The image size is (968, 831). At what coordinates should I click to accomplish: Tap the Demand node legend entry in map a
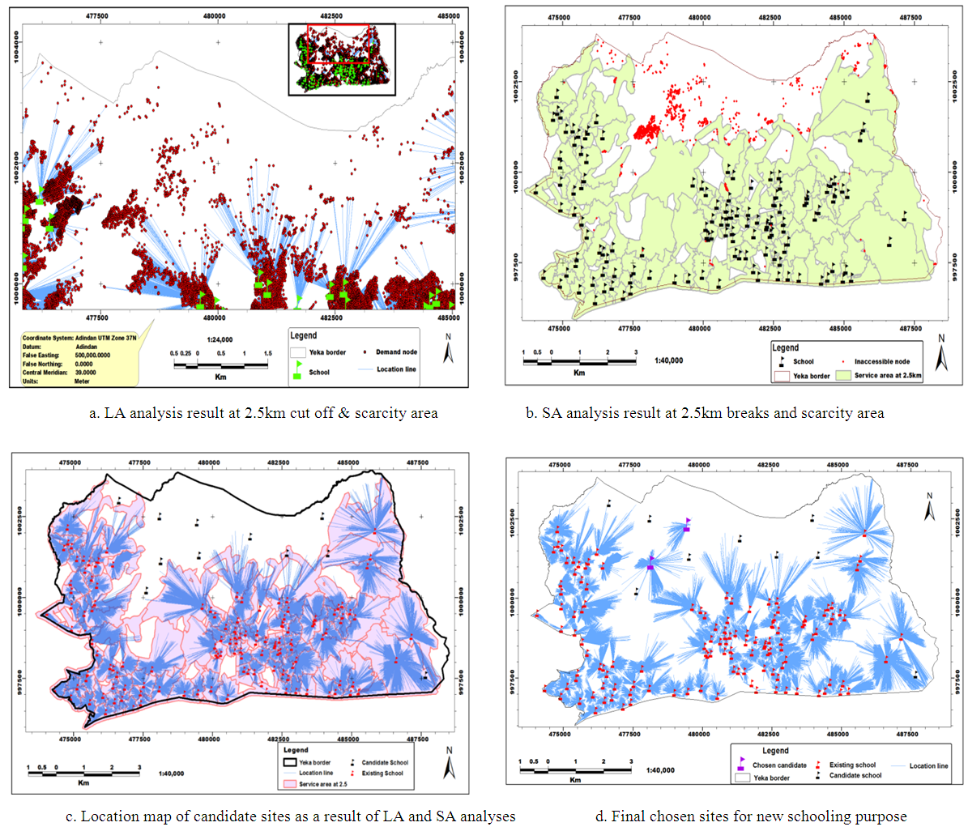pyautogui.click(x=396, y=352)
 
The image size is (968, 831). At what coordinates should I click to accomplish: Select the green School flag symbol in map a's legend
pyautogui.click(x=297, y=372)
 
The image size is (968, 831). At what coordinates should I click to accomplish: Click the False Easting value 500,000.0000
pyautogui.click(x=93, y=355)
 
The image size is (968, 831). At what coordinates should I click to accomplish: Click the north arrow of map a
pyautogui.click(x=448, y=352)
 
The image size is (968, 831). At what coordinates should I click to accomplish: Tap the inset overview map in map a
pyautogui.click(x=342, y=59)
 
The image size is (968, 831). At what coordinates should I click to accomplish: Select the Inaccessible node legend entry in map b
pyautogui.click(x=881, y=362)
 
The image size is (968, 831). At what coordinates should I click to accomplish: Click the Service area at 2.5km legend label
pyautogui.click(x=888, y=376)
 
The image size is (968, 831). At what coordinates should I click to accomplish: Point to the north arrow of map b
pyautogui.click(x=940, y=354)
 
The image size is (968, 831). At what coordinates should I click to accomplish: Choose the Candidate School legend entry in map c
pyautogui.click(x=385, y=762)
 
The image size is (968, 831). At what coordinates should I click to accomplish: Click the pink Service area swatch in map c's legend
pyautogui.click(x=288, y=784)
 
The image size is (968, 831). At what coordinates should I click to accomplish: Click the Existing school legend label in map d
pyautogui.click(x=852, y=765)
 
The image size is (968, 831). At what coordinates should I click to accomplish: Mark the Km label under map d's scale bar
pyautogui.click(x=575, y=780)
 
